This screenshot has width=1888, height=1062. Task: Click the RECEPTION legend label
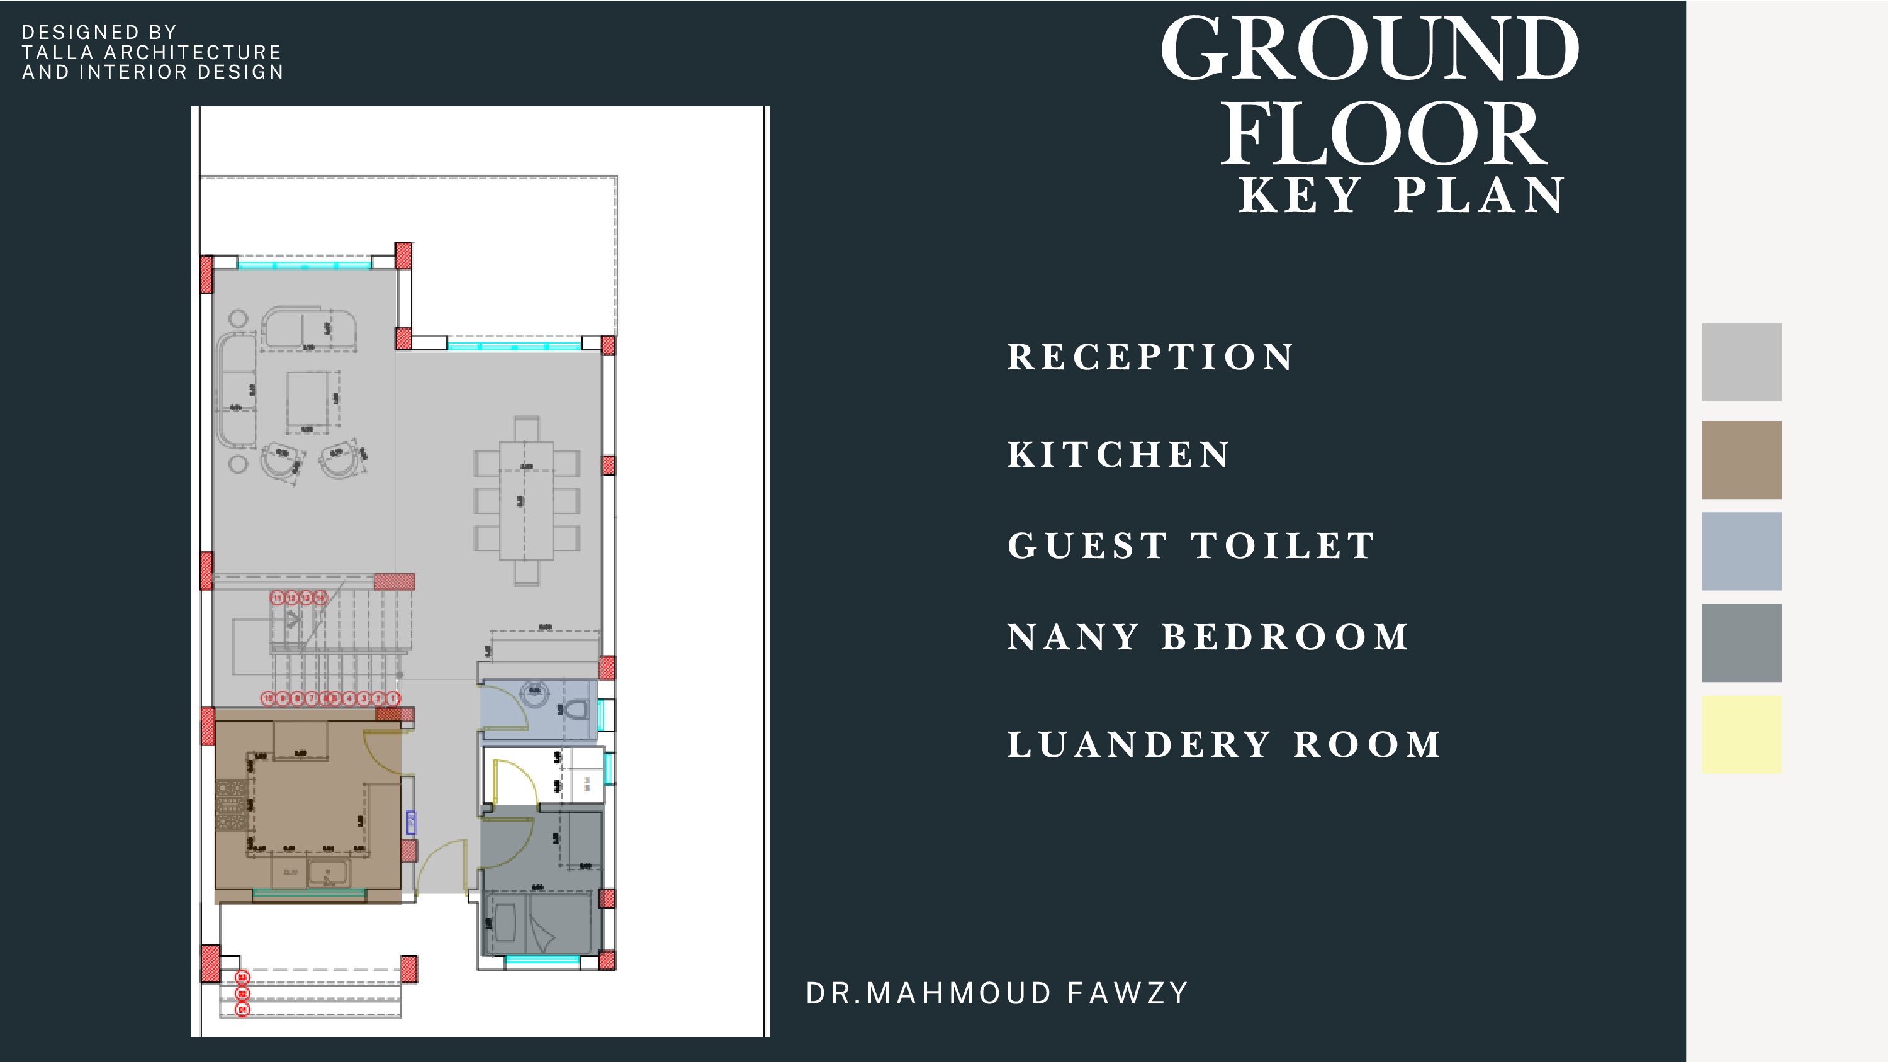point(1150,357)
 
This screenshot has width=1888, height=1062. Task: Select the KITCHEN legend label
point(1119,454)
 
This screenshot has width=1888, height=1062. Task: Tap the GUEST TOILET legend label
point(1192,545)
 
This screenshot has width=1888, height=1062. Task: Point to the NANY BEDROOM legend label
point(1208,636)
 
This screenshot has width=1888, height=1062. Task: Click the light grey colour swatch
point(1741,362)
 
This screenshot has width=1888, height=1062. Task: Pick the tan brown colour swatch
point(1741,459)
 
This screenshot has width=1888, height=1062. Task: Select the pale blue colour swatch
point(1741,551)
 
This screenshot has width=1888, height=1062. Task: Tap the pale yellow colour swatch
point(1741,734)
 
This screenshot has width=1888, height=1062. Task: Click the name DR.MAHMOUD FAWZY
point(997,993)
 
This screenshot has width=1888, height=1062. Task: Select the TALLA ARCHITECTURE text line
point(152,52)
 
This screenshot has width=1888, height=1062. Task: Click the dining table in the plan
point(526,500)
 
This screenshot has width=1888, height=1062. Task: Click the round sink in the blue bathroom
point(535,692)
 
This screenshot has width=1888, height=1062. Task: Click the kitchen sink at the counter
point(328,874)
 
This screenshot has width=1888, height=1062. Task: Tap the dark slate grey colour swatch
point(1741,643)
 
